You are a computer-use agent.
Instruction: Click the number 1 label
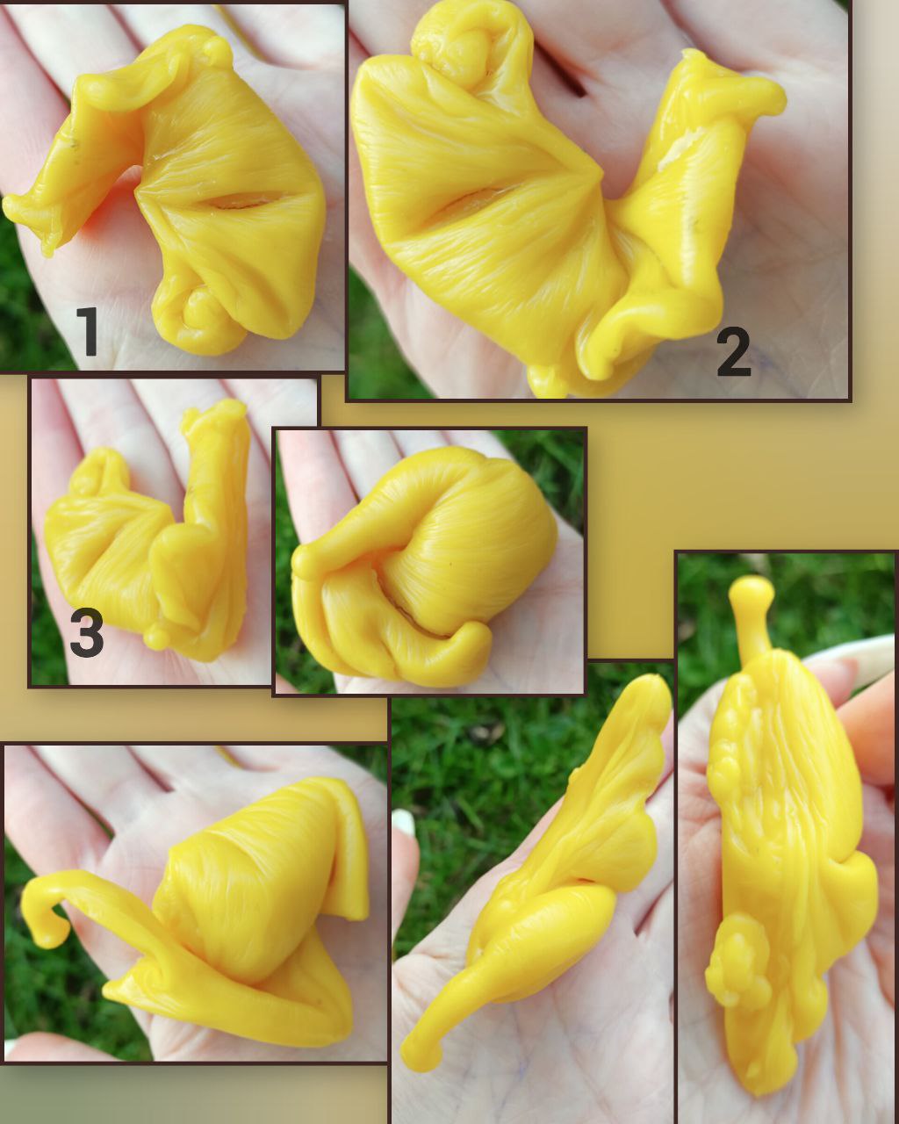click(87, 332)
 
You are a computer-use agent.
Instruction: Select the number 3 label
click(87, 632)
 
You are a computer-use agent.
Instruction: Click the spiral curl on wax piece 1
click(198, 319)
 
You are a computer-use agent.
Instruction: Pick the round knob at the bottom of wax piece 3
click(155, 638)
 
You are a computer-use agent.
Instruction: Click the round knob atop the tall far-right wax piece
click(752, 591)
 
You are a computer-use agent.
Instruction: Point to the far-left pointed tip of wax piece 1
click(7, 205)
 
